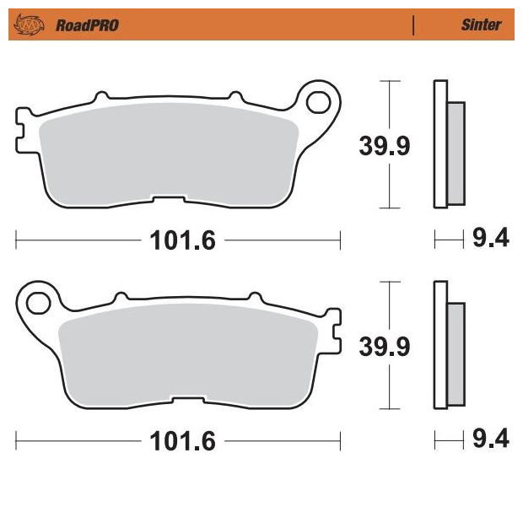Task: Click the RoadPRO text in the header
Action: (87, 25)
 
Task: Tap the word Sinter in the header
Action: (481, 24)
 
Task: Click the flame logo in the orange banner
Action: (29, 24)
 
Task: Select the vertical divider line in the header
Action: (413, 25)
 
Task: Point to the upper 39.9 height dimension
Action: (385, 146)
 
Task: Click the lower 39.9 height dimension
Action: (385, 347)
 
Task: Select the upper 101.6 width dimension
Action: (183, 240)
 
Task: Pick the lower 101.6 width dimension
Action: (183, 441)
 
